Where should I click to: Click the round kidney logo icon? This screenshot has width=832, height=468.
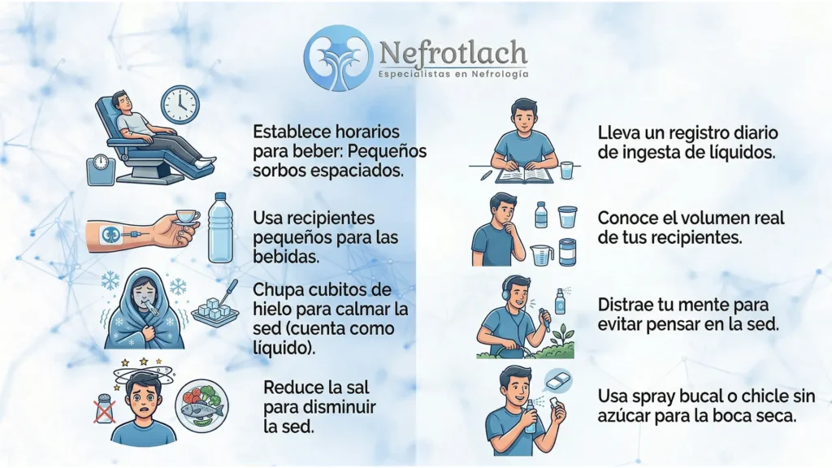pyautogui.click(x=339, y=58)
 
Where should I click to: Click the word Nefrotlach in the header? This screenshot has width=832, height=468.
pyautogui.click(x=453, y=53)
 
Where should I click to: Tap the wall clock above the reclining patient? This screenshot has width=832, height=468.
pyautogui.click(x=180, y=105)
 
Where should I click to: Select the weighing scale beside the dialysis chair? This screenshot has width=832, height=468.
pyautogui.click(x=101, y=169)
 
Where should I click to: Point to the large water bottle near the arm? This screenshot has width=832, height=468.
pyautogui.click(x=220, y=228)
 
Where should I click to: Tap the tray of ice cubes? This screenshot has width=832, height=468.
pyautogui.click(x=214, y=311)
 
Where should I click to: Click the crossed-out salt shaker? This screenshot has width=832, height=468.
pyautogui.click(x=105, y=409)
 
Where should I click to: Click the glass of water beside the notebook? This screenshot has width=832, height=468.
pyautogui.click(x=567, y=171)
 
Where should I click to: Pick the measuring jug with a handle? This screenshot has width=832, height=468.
pyautogui.click(x=542, y=254)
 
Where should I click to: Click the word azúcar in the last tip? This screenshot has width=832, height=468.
pyautogui.click(x=624, y=415)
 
